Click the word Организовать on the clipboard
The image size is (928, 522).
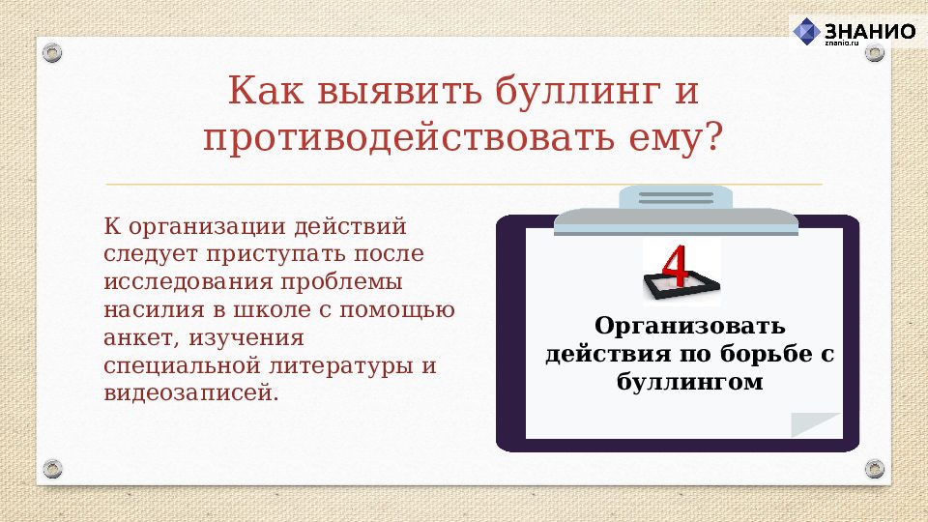(689, 326)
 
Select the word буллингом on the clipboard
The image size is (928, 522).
(689, 382)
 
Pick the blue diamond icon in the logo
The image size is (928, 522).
(806, 32)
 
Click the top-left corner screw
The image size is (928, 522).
(52, 50)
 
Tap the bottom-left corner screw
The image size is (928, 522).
(52, 469)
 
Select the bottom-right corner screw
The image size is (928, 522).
(875, 469)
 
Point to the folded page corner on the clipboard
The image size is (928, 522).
(816, 425)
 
